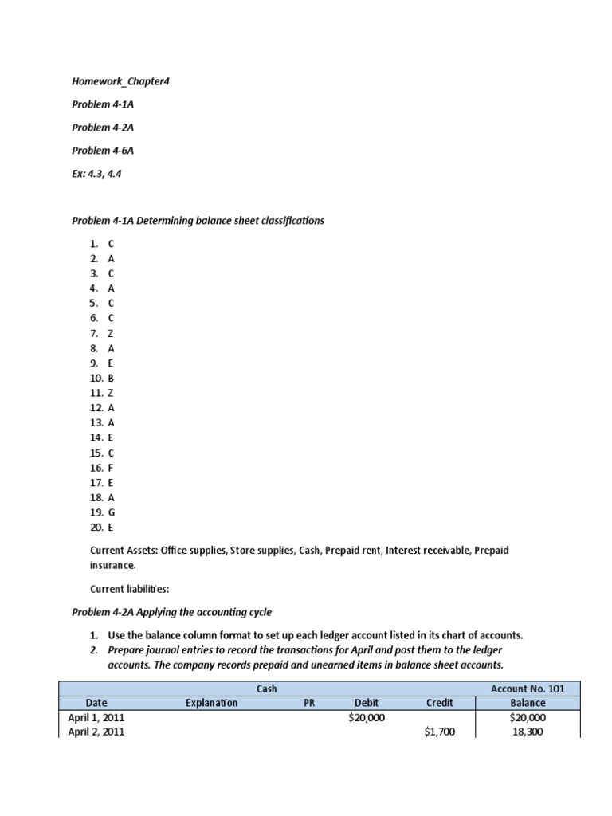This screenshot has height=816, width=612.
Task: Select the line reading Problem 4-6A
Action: coord(100,150)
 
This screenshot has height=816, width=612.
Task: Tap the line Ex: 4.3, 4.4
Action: coord(96,172)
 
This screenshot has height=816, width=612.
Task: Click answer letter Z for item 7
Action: coord(111,333)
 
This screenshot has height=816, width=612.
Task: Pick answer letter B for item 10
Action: coord(111,378)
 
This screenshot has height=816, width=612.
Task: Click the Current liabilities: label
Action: coord(129,588)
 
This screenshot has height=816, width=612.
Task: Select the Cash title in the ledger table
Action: coord(266,688)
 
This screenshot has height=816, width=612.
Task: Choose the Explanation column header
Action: coord(211,703)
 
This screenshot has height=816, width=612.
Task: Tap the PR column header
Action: coord(310,703)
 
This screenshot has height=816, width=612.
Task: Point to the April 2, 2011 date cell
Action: coord(96,732)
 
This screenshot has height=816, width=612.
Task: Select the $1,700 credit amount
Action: coord(439,732)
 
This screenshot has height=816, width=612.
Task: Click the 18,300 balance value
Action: coord(528,732)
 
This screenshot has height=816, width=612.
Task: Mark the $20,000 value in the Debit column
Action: coord(367,717)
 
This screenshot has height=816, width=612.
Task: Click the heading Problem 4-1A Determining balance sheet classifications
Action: coord(198,220)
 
